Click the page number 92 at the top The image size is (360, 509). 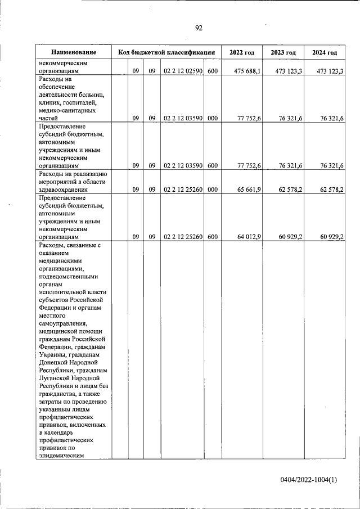199,28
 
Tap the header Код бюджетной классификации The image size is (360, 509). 166,52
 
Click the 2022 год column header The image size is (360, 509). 242,52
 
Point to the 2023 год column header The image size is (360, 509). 283,52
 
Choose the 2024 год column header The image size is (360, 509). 325,52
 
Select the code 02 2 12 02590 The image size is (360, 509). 183,71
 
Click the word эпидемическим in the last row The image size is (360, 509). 62,457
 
